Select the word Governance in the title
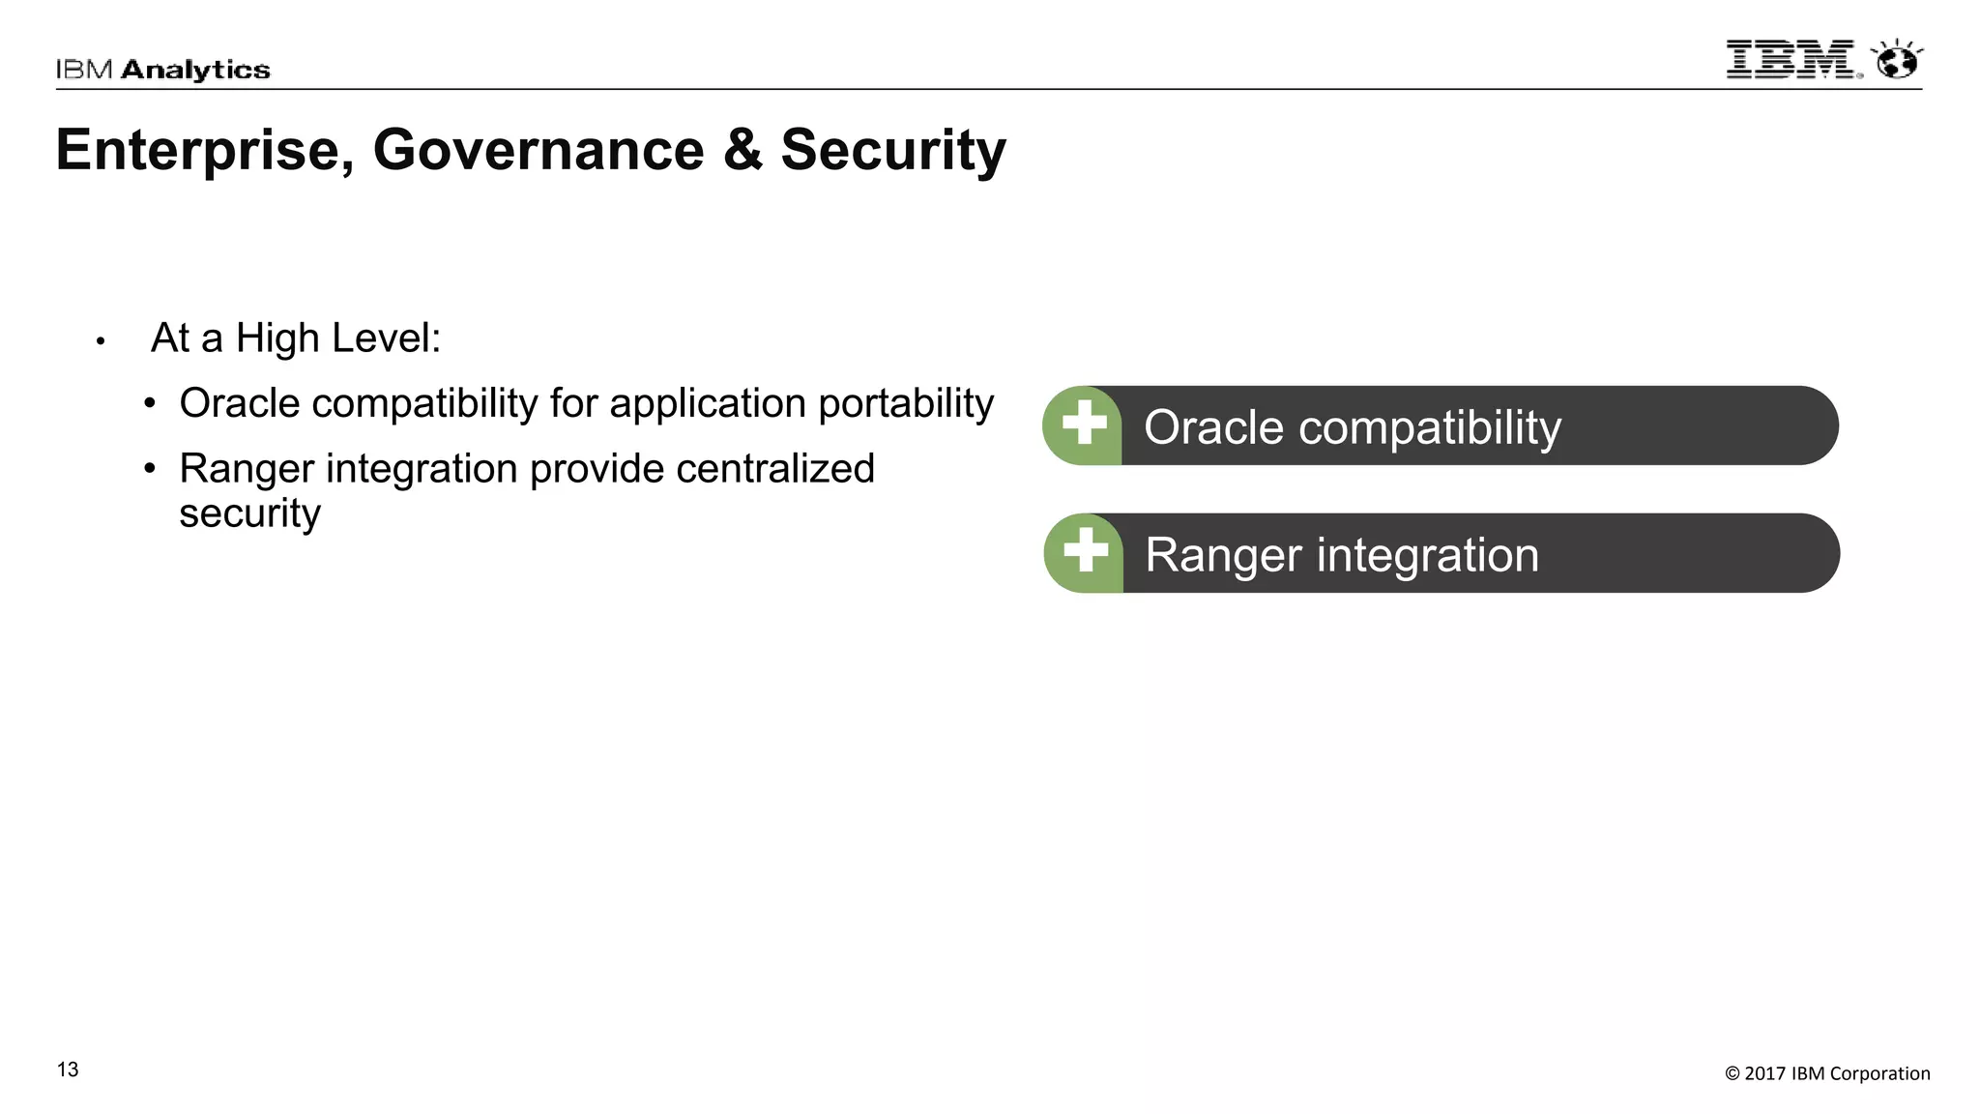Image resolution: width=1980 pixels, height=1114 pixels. [x=539, y=151]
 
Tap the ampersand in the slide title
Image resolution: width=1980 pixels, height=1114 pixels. [x=742, y=151]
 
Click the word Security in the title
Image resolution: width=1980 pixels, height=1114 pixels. [x=893, y=151]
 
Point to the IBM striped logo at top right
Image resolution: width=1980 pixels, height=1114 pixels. [x=1791, y=60]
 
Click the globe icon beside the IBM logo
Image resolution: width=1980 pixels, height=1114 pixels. [x=1897, y=61]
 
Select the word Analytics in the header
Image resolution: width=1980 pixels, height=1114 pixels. [x=195, y=70]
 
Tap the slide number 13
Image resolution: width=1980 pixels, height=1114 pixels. [x=68, y=1070]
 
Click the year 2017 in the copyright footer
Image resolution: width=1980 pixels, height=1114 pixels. [x=1764, y=1073]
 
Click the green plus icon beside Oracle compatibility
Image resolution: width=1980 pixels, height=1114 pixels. [x=1084, y=424]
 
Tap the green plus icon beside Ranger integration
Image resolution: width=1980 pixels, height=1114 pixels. [x=1085, y=551]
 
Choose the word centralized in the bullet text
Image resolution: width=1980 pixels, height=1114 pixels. [x=775, y=469]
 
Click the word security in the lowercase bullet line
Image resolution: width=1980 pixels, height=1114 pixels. [x=249, y=513]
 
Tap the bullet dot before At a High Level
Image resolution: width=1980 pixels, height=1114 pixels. [x=101, y=341]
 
